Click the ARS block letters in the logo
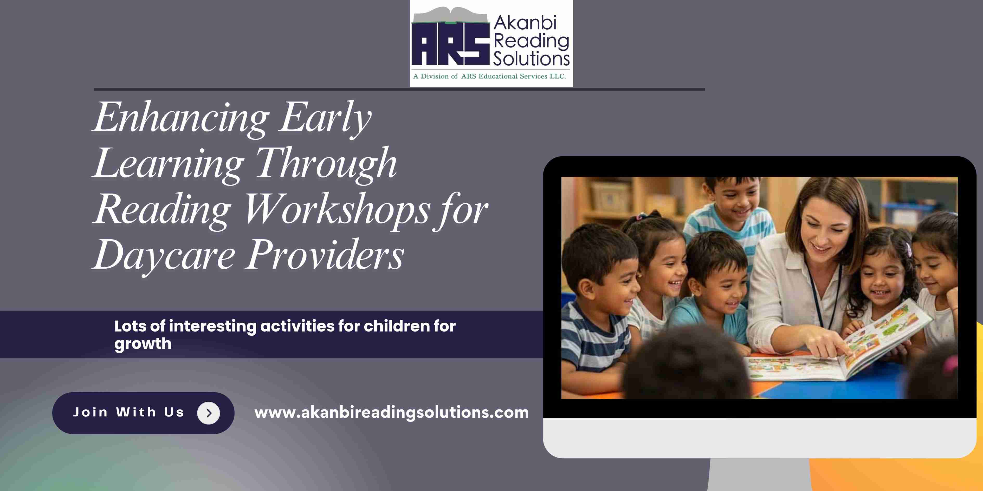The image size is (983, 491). (x=450, y=44)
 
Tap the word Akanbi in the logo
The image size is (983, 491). (x=525, y=23)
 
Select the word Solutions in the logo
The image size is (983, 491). (x=531, y=59)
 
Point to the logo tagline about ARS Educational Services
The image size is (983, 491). (x=490, y=76)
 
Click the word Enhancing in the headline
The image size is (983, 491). (x=181, y=117)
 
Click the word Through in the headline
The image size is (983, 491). (x=327, y=163)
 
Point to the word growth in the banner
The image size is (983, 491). (x=143, y=344)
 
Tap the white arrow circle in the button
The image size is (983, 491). (x=208, y=413)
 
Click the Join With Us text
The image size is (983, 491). (x=129, y=412)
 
